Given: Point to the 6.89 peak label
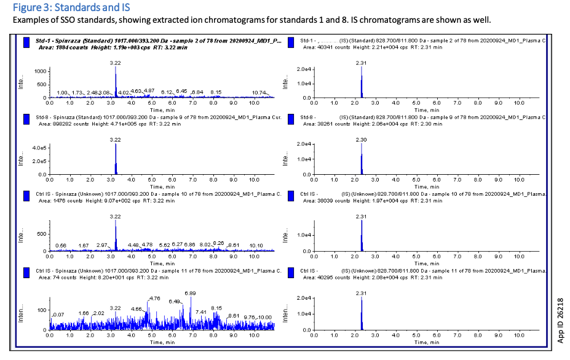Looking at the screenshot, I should point(190,293).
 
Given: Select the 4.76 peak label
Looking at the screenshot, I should point(154,298).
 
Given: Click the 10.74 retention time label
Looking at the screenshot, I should point(259,92).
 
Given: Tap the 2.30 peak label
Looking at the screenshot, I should point(362,140).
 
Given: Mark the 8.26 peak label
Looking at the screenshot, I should point(218,244).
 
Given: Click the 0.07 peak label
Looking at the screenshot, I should point(59,314).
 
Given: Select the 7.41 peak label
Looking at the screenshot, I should point(201,312).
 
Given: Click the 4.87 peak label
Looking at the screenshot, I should point(149,90).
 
